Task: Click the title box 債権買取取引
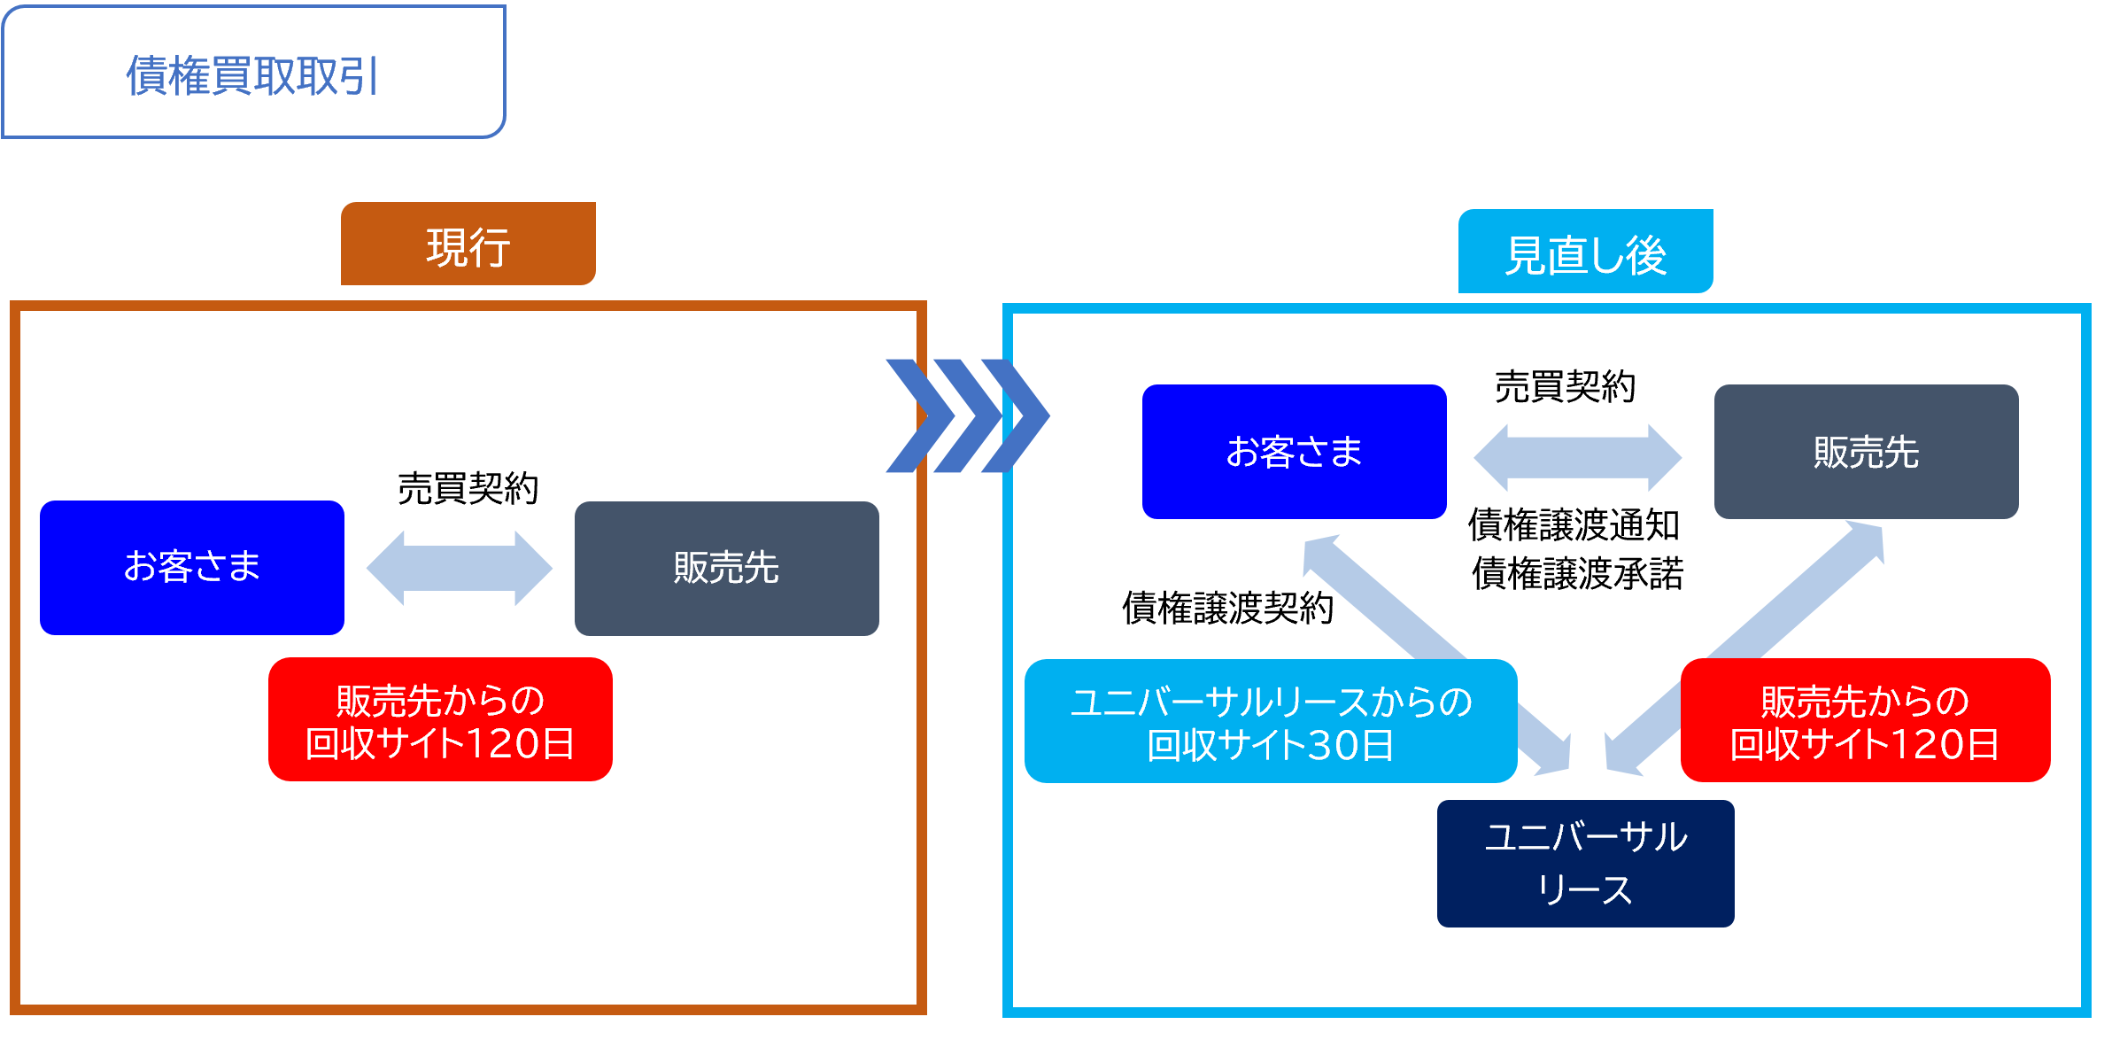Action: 253,73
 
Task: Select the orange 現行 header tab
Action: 468,244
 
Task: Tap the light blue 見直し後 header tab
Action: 1585,252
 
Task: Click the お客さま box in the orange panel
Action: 192,567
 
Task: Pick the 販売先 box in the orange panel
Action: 726,568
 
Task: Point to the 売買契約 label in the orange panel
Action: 468,488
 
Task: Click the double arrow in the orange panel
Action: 459,569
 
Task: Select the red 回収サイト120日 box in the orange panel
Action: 440,719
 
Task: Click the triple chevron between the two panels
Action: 967,415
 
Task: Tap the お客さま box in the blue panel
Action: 1294,452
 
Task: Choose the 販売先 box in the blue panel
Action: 1866,452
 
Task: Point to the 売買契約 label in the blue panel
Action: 1565,386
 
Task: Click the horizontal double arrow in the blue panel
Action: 1577,457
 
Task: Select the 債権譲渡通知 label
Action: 1574,525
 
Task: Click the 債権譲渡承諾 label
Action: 1577,573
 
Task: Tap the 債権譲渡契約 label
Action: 1227,608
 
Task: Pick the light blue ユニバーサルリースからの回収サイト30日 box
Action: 1270,721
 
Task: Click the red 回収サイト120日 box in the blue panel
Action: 1865,720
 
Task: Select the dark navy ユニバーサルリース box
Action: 1585,863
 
